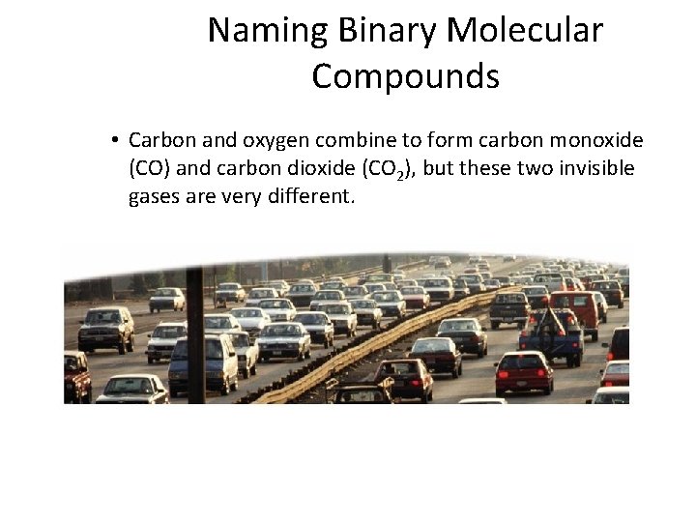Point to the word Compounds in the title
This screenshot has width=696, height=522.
tap(405, 75)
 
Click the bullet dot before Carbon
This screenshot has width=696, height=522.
tap(114, 141)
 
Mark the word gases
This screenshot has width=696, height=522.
tap(154, 197)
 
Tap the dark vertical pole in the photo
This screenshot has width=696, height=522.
tap(194, 329)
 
